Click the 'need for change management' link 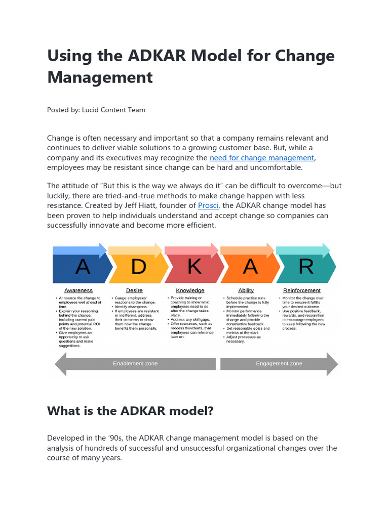pos(262,158)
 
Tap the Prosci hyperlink pos(208,205)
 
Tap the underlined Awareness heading pos(79,290)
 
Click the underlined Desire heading pos(134,290)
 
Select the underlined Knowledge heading pos(190,290)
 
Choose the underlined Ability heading pos(246,290)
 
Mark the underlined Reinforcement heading pos(302,290)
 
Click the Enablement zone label pos(135,364)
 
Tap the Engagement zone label pos(279,364)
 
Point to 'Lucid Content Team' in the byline pos(113,110)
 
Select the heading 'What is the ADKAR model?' pos(130,411)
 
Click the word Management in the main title pos(100,77)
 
